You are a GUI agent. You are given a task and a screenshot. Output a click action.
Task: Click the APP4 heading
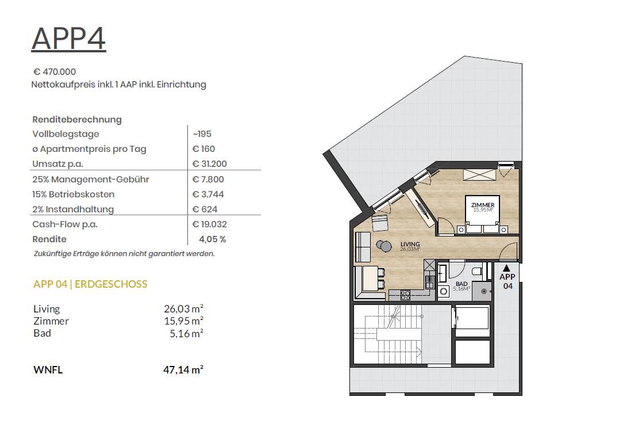(69, 39)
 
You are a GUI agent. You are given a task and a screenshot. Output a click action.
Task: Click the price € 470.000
(55, 71)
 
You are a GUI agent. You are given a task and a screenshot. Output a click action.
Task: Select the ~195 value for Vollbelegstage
(202, 134)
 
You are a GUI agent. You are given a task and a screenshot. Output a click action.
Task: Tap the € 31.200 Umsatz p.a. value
(209, 164)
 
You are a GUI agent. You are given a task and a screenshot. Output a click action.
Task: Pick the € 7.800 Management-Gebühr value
(208, 180)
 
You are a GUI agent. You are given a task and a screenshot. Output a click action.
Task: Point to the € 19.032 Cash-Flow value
(209, 224)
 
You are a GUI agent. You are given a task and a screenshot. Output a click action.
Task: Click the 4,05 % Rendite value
(212, 239)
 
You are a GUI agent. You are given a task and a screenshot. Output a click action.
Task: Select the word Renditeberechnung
(77, 119)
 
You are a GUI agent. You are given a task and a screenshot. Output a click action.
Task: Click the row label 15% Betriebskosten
(73, 194)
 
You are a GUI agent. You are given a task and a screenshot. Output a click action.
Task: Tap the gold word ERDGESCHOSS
(111, 284)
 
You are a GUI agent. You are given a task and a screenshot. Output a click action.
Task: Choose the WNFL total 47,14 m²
(183, 370)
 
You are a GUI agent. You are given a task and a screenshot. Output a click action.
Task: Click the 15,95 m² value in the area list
(183, 321)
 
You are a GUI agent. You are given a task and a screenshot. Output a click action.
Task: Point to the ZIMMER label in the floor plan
(483, 205)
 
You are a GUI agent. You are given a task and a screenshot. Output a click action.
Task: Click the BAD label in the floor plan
(462, 284)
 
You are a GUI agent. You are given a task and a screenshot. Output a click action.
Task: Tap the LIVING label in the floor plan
(410, 245)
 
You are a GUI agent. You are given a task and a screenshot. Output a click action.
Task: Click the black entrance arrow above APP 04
(506, 268)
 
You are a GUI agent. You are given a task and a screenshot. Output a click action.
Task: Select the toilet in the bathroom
(477, 272)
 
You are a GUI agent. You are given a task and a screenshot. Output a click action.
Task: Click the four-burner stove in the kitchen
(405, 295)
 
